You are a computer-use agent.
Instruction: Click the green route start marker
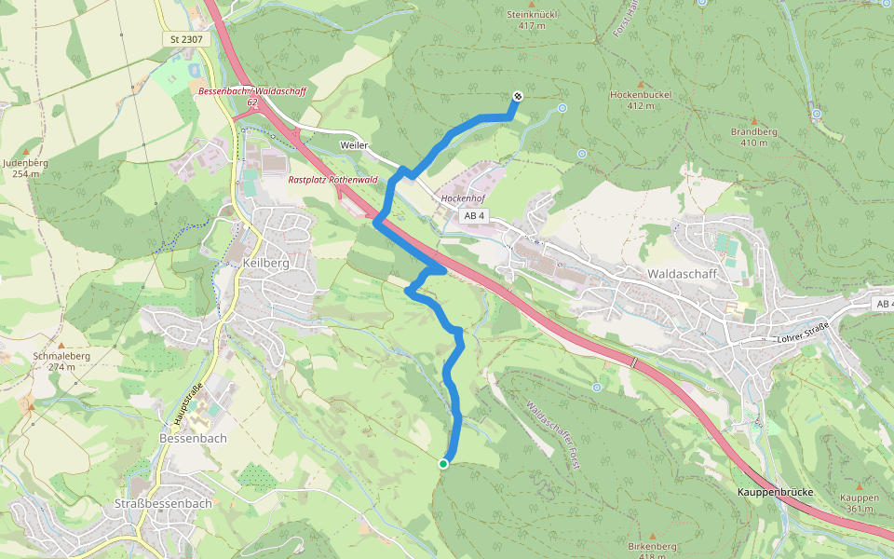tap(443, 463)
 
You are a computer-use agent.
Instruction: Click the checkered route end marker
tap(517, 96)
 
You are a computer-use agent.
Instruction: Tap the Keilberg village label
tap(265, 264)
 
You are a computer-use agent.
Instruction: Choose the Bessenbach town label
tap(194, 437)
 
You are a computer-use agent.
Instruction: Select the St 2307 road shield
tap(187, 39)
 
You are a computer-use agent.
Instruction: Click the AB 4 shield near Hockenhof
tap(475, 216)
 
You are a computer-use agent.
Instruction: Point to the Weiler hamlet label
tap(354, 146)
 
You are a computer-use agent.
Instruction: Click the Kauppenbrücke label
tap(776, 492)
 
